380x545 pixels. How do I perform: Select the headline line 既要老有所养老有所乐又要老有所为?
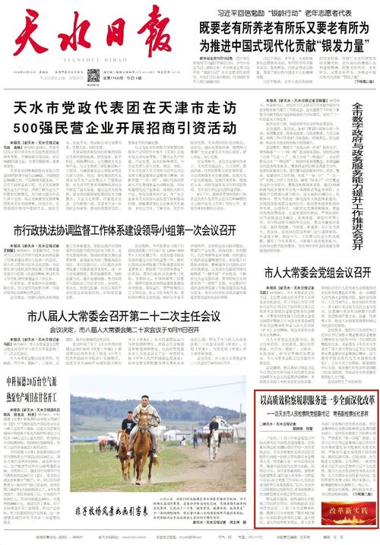(x=288, y=27)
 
